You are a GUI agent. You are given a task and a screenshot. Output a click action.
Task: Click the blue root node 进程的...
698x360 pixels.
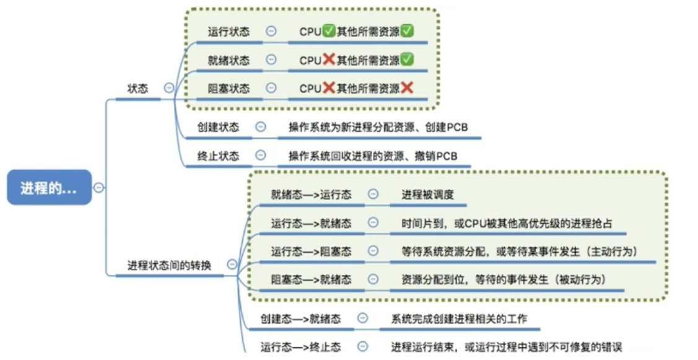click(x=49, y=188)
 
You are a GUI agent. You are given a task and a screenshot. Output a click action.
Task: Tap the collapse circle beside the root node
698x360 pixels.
click(x=98, y=188)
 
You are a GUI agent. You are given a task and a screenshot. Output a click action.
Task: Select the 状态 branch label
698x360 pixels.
click(x=137, y=89)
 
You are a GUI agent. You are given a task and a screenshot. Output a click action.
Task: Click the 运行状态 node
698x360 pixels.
click(x=229, y=31)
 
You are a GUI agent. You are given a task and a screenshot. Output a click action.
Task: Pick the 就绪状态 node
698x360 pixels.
click(x=229, y=60)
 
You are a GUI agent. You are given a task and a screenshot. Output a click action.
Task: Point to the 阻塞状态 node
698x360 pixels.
click(x=229, y=89)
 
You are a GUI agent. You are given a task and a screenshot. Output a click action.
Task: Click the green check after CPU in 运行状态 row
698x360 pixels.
click(x=329, y=31)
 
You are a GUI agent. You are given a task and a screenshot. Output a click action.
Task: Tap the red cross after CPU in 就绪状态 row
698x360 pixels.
click(x=329, y=60)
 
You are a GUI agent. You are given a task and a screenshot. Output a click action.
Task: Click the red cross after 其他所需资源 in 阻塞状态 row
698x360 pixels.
click(x=407, y=89)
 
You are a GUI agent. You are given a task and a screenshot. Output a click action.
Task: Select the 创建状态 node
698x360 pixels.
click(x=218, y=127)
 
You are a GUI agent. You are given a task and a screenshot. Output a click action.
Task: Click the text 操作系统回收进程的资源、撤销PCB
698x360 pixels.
click(x=372, y=156)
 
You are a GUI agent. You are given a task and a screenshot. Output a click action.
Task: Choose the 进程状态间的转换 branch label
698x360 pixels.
click(x=169, y=265)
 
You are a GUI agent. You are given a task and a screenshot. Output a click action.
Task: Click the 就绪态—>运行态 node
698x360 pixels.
click(x=311, y=195)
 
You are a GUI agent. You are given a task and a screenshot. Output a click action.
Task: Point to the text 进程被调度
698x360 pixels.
click(x=427, y=195)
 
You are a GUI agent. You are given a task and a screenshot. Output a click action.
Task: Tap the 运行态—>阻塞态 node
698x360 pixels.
click(x=311, y=251)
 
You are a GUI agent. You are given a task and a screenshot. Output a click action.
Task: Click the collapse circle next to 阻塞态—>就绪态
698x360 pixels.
click(x=373, y=279)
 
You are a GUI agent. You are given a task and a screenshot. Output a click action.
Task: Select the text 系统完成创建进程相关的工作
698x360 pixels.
click(x=459, y=319)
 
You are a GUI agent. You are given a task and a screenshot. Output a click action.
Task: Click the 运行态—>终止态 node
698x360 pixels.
click(x=300, y=348)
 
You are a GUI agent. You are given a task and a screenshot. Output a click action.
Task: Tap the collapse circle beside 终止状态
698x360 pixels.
click(x=261, y=156)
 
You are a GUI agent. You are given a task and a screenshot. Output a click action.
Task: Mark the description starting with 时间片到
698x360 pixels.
click(x=507, y=223)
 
